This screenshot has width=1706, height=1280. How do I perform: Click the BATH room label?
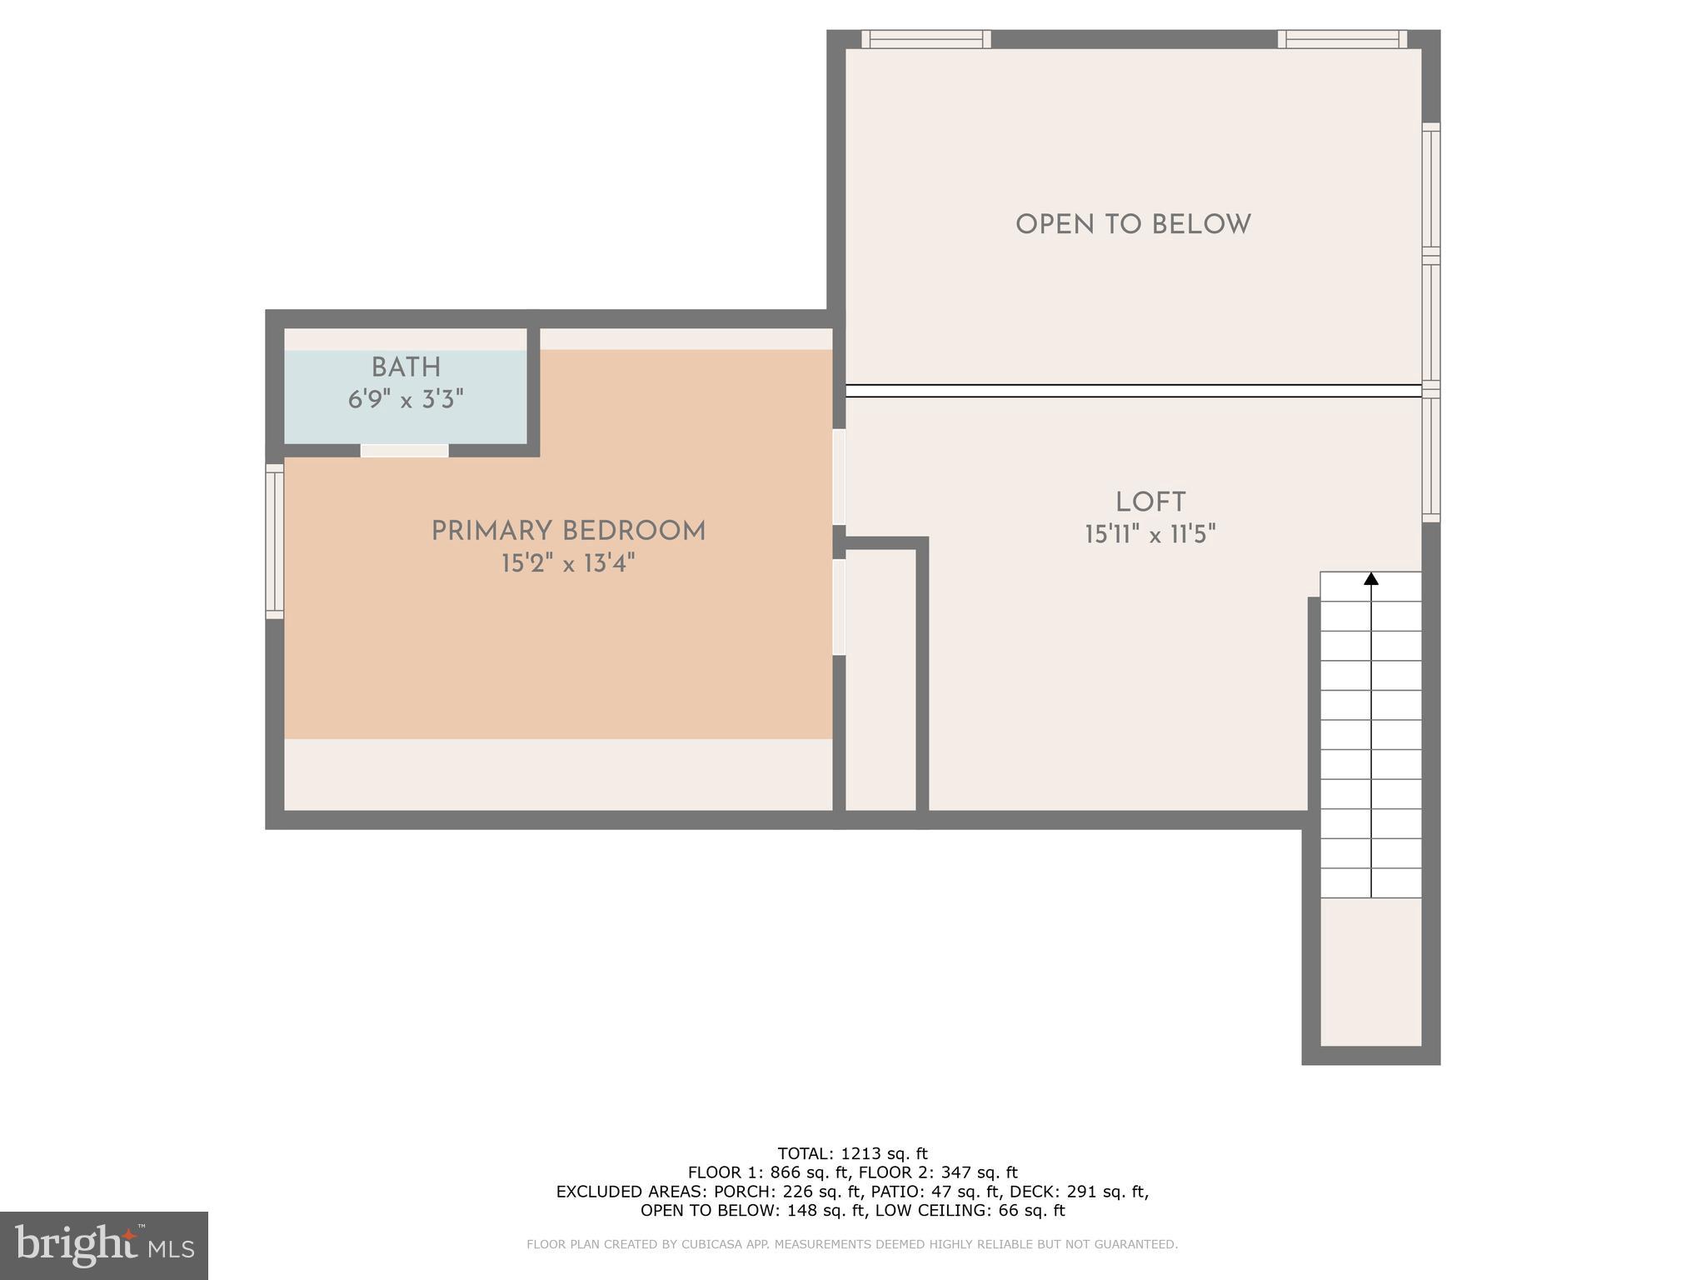tap(406, 367)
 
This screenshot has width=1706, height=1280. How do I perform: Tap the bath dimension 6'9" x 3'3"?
tap(406, 400)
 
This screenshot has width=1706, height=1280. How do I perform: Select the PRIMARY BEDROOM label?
tap(568, 532)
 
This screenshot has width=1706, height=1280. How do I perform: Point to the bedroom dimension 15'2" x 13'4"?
tap(568, 564)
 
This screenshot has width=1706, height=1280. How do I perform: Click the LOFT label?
tap(1150, 502)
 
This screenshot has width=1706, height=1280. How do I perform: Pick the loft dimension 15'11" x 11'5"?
tap(1150, 534)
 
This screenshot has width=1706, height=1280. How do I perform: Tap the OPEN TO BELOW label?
tap(1133, 225)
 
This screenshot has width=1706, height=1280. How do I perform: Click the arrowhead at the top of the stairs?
tap(1371, 578)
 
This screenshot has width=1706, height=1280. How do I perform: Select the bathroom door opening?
tap(404, 451)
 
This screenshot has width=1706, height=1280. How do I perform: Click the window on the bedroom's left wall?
tap(274, 541)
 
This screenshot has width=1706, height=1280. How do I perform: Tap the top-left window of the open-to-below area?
tap(925, 39)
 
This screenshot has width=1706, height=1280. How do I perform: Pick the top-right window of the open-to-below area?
tap(1342, 39)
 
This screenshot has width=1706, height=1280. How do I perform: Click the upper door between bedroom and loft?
tap(839, 477)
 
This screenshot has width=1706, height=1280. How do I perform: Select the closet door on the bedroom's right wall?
tap(839, 607)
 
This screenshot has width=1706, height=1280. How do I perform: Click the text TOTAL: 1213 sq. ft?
tap(852, 1154)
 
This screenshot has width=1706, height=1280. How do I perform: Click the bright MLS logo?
tap(103, 1245)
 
